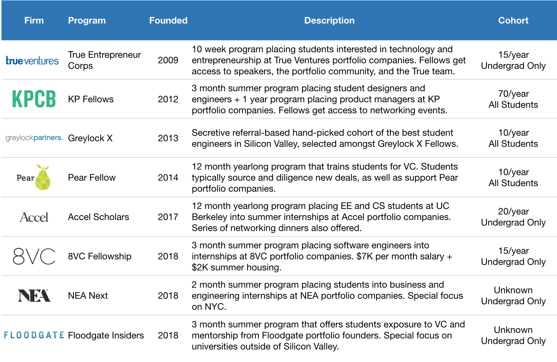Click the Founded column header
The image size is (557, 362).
[168, 21]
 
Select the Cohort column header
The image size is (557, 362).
[513, 21]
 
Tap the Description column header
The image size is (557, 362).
[329, 21]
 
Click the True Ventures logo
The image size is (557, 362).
[32, 61]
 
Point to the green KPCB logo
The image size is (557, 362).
[34, 99]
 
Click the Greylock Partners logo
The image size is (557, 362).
[34, 138]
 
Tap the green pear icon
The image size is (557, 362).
[43, 178]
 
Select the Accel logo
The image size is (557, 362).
[34, 217]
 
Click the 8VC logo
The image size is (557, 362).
[34, 256]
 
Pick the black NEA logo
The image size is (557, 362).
[34, 295]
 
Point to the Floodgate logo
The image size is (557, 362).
[34, 335]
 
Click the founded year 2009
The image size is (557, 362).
[168, 60]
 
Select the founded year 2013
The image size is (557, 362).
[168, 138]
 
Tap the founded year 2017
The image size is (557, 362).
[168, 217]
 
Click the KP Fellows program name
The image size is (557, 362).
[91, 99]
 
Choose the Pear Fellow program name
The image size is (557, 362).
[92, 178]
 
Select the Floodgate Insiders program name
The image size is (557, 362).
[106, 336]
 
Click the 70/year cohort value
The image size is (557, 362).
[513, 94]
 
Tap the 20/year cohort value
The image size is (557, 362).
[513, 212]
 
